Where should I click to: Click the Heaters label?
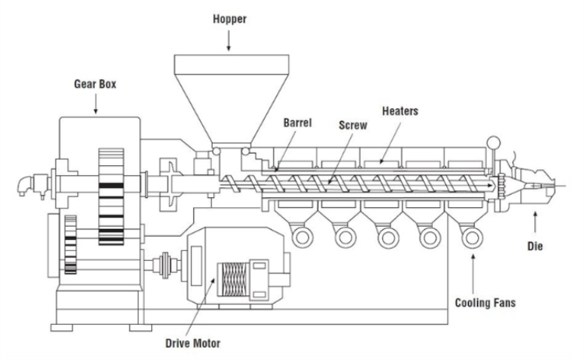point(400,112)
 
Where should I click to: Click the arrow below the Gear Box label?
point(97,106)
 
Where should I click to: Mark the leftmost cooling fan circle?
point(300,235)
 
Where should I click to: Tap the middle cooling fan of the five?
point(385,235)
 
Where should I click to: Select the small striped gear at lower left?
point(71,245)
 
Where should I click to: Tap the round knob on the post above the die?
point(492,143)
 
